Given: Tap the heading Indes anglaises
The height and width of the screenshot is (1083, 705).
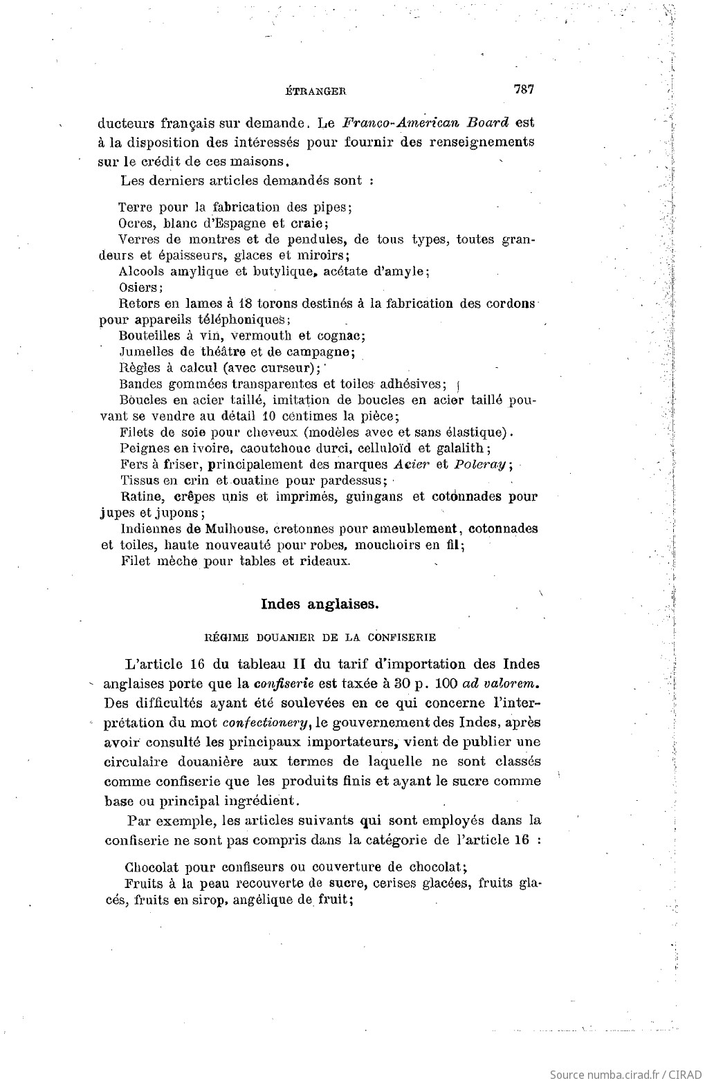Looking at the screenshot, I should click(x=320, y=603).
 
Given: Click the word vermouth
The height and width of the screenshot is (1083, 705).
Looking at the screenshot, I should click(x=262, y=336).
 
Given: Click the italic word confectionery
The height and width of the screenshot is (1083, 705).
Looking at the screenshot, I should click(x=268, y=723).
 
